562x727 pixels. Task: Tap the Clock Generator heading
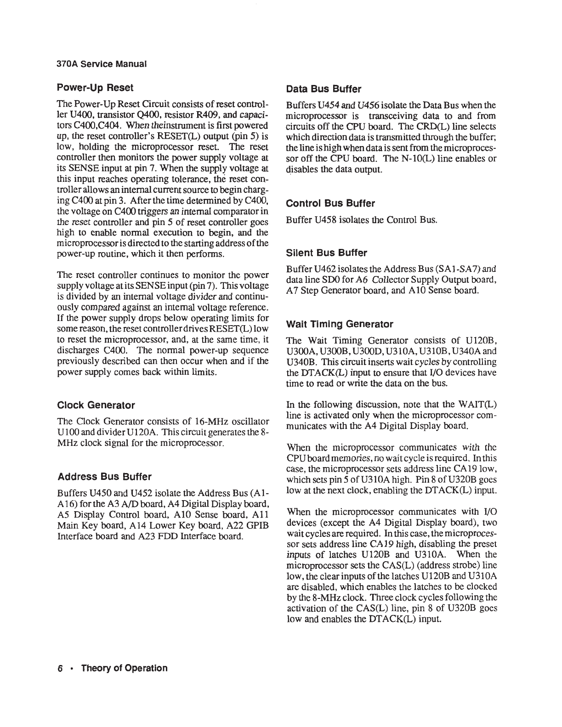point(96,405)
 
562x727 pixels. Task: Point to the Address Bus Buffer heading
point(104,476)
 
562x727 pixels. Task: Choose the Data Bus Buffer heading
point(324,89)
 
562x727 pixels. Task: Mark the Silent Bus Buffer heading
point(326,253)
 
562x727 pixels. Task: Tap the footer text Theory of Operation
point(124,668)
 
